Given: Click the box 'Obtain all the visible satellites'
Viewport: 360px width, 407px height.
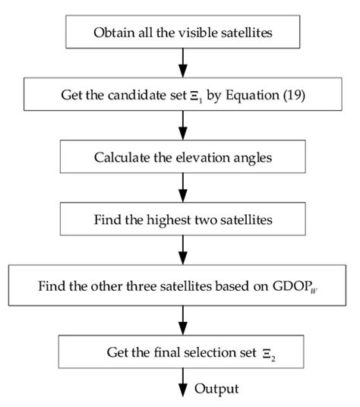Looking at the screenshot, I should (x=182, y=32).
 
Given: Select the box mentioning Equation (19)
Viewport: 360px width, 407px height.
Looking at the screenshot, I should (x=182, y=96).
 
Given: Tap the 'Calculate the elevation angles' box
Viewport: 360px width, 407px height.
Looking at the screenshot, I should (x=182, y=159).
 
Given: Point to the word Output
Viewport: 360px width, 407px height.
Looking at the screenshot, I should (x=216, y=389).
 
